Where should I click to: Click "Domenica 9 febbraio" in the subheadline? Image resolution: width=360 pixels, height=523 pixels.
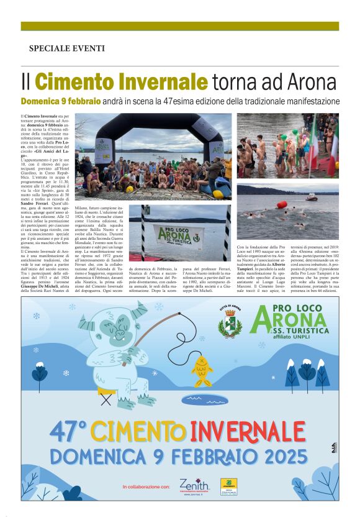(x=60, y=101)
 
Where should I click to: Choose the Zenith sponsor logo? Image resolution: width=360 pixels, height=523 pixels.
(x=194, y=485)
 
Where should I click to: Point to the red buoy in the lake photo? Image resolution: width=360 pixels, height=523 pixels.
(x=282, y=204)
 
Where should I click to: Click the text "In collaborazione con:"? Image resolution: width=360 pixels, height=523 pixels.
(x=146, y=486)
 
